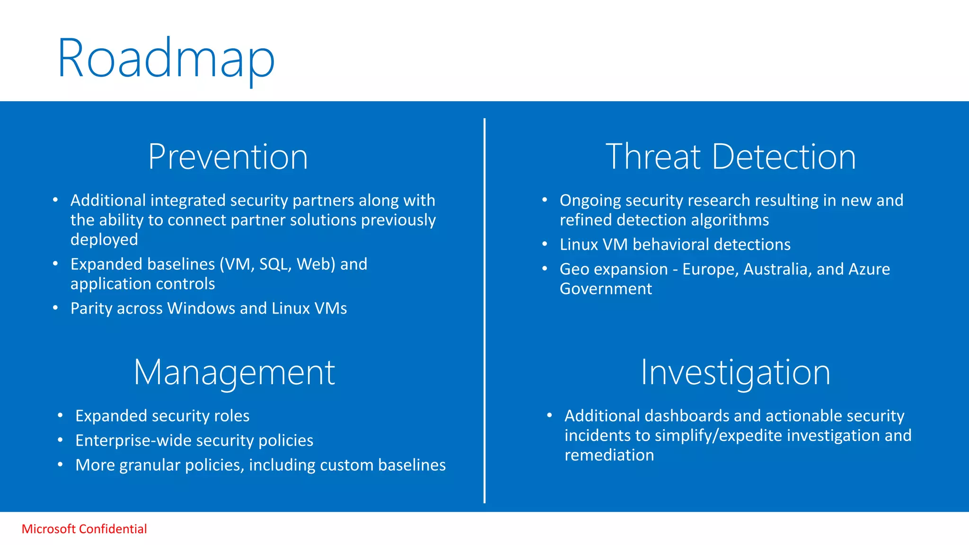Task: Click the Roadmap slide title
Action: [166, 59]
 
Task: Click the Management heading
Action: [234, 373]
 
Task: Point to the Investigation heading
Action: [735, 373]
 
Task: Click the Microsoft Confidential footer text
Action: [84, 529]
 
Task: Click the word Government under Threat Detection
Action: [606, 289]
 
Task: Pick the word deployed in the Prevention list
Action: [104, 240]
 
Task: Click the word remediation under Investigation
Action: [609, 455]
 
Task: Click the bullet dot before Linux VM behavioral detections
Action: [545, 244]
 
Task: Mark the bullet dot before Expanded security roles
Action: [60, 415]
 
